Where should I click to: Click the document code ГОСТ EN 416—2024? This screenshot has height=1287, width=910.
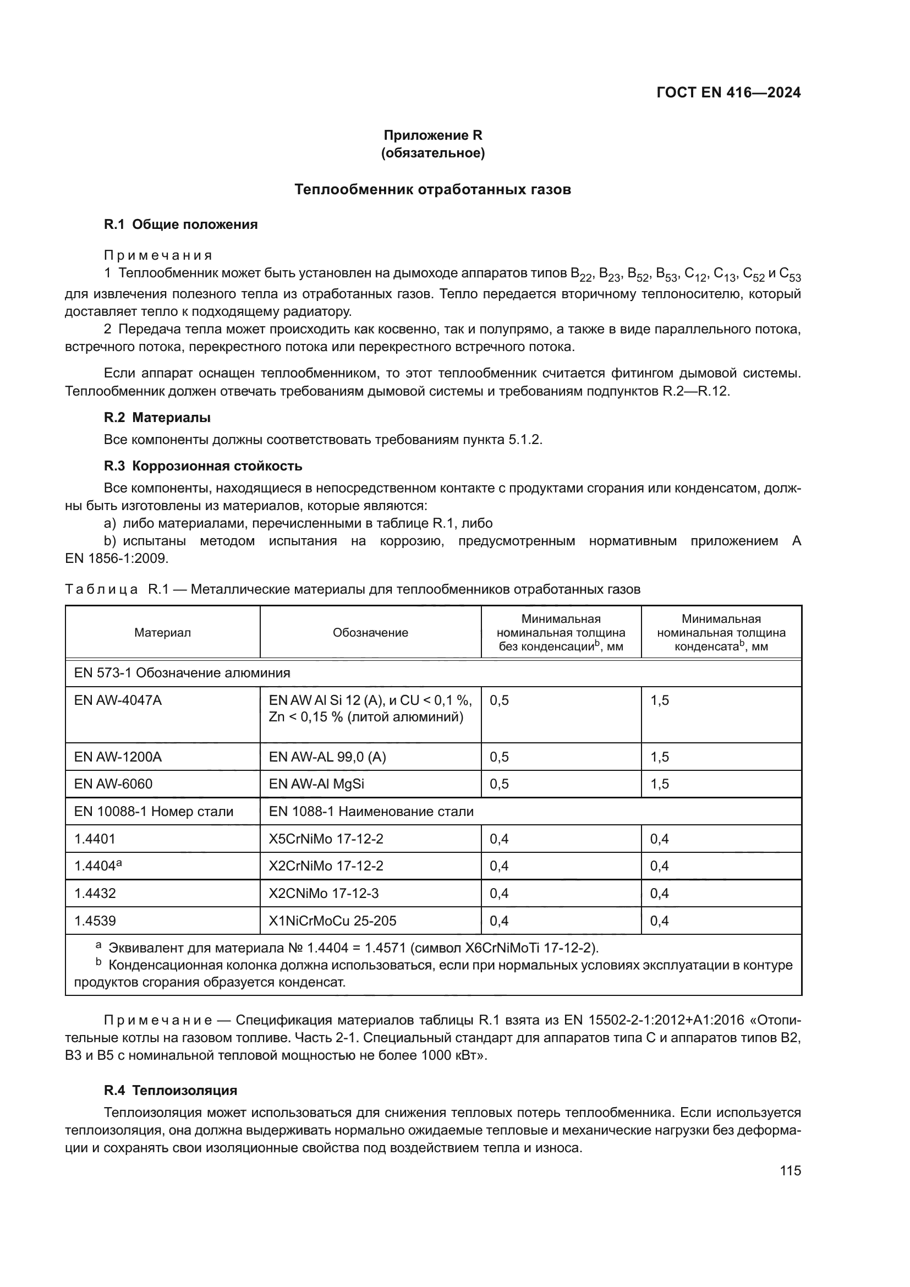point(728,93)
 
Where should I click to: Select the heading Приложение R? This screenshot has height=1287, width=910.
point(432,135)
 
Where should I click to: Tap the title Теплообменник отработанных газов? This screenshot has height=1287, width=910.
point(432,189)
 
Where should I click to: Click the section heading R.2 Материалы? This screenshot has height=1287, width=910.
point(157,417)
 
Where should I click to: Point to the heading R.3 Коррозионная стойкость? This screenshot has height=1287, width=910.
point(203,466)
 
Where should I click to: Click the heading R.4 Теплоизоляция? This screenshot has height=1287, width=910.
point(171,1090)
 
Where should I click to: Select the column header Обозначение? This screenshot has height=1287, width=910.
point(370,633)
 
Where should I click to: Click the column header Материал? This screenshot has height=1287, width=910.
point(162,633)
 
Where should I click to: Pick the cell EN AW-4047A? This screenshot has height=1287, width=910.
point(118,700)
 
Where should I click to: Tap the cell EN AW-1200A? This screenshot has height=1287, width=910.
point(118,757)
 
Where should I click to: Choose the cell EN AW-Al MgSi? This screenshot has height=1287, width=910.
point(316,784)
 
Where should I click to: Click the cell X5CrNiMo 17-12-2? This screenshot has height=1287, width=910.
point(326,839)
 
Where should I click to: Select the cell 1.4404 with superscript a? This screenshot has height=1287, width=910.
point(98,866)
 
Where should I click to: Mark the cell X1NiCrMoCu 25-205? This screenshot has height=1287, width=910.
point(332,921)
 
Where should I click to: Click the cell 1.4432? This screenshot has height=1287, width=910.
point(95,894)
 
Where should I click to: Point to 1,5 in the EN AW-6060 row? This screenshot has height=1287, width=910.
point(660,784)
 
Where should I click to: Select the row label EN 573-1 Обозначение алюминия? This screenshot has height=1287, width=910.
point(182,673)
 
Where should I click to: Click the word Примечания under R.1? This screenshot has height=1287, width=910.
point(158,256)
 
